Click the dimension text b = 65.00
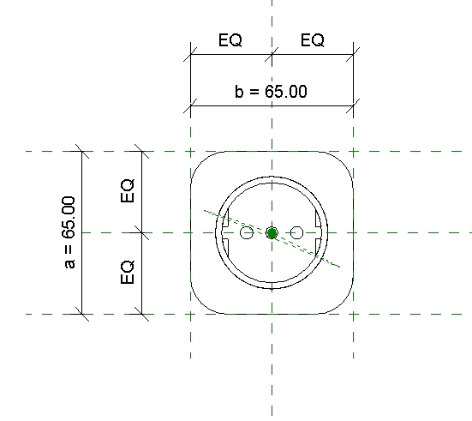click(271, 92)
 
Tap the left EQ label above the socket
click(230, 40)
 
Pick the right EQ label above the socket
click(312, 40)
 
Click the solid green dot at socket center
click(272, 232)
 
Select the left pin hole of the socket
click(247, 232)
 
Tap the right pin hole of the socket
click(297, 232)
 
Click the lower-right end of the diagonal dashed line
click(340, 267)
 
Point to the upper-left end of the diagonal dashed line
click(205, 208)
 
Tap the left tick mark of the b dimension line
click(190, 106)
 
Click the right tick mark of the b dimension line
click(353, 106)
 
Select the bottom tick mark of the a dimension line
click(81, 314)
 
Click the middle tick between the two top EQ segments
click(272, 56)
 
